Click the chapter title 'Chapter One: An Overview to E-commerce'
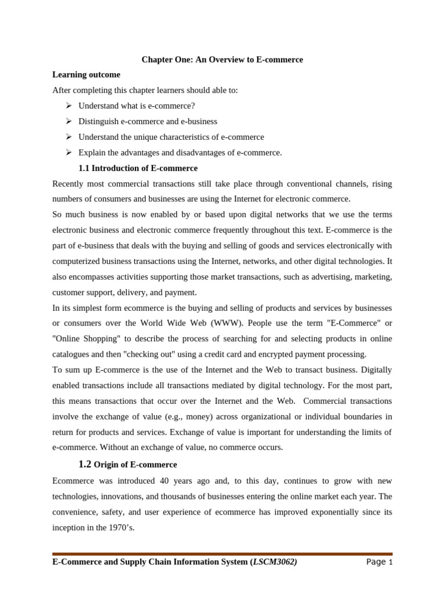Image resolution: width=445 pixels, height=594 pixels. coord(222,60)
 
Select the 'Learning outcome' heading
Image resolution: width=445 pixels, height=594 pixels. coord(86,75)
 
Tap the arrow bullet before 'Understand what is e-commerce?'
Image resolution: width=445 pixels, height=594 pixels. coord(68,106)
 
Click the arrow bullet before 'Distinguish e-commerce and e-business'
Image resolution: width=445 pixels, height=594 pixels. coord(68,121)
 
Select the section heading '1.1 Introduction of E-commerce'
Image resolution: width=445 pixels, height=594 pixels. coord(138,168)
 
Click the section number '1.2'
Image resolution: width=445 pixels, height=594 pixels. coord(85,464)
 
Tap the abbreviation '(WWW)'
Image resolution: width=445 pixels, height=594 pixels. coord(210,323)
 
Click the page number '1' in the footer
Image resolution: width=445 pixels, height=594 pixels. coord(391,562)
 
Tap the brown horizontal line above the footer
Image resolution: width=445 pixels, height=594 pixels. coord(222,554)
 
